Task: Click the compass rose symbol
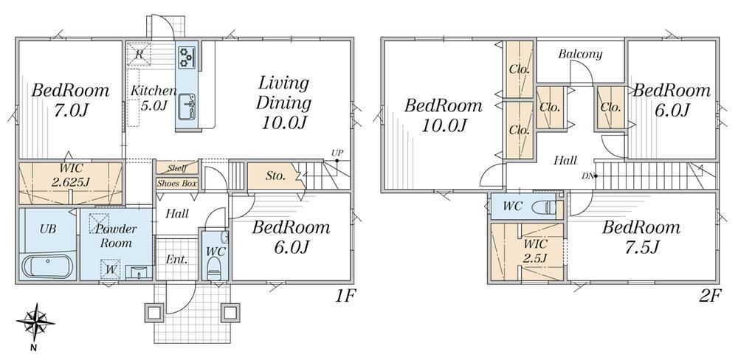click(x=35, y=323)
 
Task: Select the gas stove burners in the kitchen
click(x=187, y=58)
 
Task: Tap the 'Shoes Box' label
click(x=176, y=184)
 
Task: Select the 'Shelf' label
click(x=177, y=168)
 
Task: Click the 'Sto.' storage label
click(x=275, y=176)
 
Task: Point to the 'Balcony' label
click(x=580, y=54)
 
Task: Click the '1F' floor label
click(x=345, y=296)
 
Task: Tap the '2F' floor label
click(x=710, y=296)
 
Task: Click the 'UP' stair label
click(x=337, y=153)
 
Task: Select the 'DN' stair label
click(x=587, y=176)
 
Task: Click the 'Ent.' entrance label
click(x=177, y=259)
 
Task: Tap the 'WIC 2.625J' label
click(x=70, y=175)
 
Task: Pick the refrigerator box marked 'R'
click(x=139, y=54)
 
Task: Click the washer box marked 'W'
click(x=111, y=270)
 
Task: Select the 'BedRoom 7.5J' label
click(x=641, y=236)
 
